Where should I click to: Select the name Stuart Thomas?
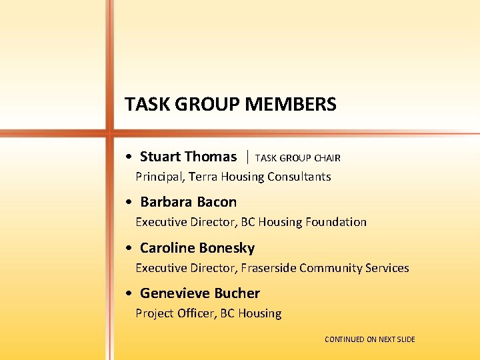pos(188,157)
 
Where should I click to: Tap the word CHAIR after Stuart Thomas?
pos(327,159)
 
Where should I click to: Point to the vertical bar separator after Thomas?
pos(247,157)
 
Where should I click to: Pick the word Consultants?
pos(299,177)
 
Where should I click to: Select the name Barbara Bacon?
pos(188,202)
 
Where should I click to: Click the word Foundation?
pos(335,222)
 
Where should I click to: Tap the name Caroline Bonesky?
pos(197,248)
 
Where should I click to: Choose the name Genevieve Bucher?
pos(199,293)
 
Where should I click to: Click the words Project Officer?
pos(175,313)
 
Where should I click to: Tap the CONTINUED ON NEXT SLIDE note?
pos(369,339)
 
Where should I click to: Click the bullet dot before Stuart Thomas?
pos(127,158)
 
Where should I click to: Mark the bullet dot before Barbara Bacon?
pos(127,203)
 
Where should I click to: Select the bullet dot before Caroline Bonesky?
pos(127,249)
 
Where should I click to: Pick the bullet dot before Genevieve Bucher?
pos(127,295)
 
